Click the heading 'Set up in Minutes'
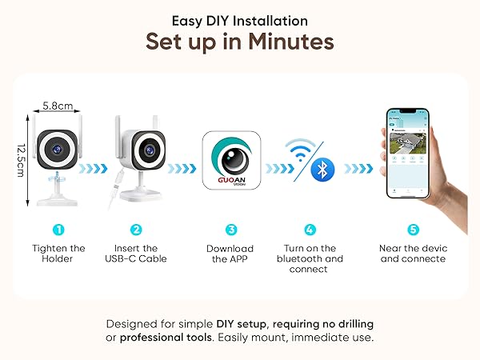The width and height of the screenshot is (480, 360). [239, 41]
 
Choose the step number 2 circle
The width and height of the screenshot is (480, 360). [136, 230]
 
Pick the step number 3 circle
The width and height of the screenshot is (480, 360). [232, 230]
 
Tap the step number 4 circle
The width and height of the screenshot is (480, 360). [310, 230]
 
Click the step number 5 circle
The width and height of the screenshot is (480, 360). [413, 230]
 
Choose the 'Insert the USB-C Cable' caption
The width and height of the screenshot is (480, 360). [136, 253]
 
